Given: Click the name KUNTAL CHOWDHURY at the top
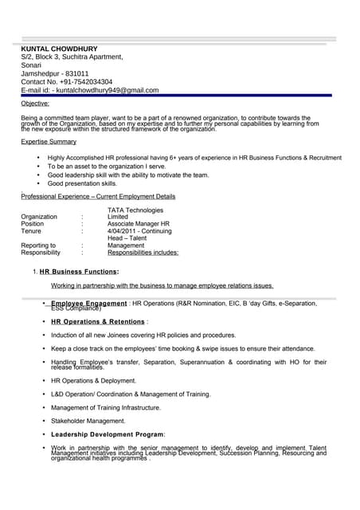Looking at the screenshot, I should point(59,49).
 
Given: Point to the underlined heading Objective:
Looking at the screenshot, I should point(35,104).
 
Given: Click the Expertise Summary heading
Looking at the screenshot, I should point(49,141).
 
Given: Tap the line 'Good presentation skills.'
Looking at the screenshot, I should point(82,183).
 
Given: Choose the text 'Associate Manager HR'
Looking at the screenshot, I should point(139,225).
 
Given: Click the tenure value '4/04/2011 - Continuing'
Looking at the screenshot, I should point(139,232).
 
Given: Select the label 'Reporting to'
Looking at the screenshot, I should point(38,245).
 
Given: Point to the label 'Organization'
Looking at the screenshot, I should point(39,217).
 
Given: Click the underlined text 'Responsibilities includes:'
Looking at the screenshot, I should point(143,253).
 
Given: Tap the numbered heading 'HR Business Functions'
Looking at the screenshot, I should point(78,272).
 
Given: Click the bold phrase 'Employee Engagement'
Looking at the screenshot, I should point(88,304).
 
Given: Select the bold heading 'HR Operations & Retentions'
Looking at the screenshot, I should point(98,322).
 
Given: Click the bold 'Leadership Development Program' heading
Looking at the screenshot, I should point(107,434).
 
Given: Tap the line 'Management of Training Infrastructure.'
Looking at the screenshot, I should point(106,407).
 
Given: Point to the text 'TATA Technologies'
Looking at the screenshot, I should point(135,210).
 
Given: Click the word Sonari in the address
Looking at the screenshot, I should point(31,65).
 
